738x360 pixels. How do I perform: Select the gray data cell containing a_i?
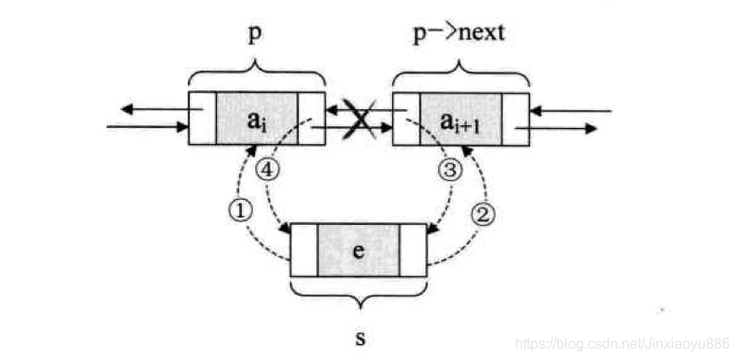[x=257, y=118]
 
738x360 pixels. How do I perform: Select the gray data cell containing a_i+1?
[x=460, y=118]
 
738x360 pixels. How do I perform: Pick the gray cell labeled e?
[x=358, y=250]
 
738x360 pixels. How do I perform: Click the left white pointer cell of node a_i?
[x=202, y=118]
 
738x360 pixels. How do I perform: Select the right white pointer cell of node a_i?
[x=312, y=118]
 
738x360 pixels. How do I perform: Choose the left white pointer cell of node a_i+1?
[x=406, y=118]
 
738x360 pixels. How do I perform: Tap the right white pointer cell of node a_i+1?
[x=515, y=118]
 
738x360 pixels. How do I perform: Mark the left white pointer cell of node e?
[x=304, y=250]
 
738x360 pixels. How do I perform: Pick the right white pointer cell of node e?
[x=413, y=250]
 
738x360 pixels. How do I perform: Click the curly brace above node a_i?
[x=257, y=71]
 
